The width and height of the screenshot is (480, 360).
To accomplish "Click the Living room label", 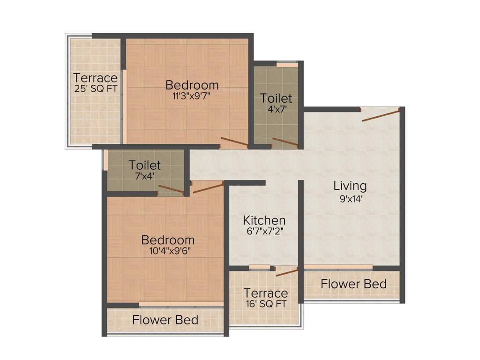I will click(350, 186).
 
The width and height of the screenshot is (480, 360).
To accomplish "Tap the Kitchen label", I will click(264, 220).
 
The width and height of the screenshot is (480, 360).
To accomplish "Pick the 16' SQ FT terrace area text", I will click(265, 303).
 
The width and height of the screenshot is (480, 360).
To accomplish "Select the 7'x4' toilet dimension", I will click(145, 176).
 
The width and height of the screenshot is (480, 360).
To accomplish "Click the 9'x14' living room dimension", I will click(350, 198).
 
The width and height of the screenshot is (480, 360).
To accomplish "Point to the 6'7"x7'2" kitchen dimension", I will click(264, 231).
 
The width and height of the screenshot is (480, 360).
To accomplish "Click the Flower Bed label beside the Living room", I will click(353, 284).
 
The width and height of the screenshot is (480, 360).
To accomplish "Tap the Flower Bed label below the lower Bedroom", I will click(165, 320).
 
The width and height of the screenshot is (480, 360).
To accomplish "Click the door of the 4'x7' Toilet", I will click(285, 142).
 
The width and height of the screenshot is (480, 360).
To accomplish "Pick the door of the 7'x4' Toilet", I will click(171, 189).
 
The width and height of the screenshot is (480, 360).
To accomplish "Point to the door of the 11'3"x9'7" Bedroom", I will click(234, 142).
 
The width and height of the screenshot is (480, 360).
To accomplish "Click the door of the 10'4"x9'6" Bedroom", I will click(208, 188).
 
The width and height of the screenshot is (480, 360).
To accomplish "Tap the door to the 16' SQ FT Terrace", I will click(287, 272).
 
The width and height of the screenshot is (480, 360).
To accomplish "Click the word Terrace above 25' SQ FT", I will click(95, 77).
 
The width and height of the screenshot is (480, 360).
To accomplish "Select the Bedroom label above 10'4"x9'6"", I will click(168, 240).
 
